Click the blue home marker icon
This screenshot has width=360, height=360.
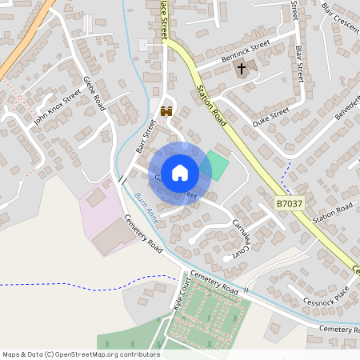[x=180, y=172]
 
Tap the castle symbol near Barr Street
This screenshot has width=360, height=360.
[x=166, y=112]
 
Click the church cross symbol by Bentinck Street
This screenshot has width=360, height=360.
[x=241, y=69]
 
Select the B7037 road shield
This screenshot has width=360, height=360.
[x=290, y=205]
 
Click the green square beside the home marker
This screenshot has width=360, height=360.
[x=217, y=165]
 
